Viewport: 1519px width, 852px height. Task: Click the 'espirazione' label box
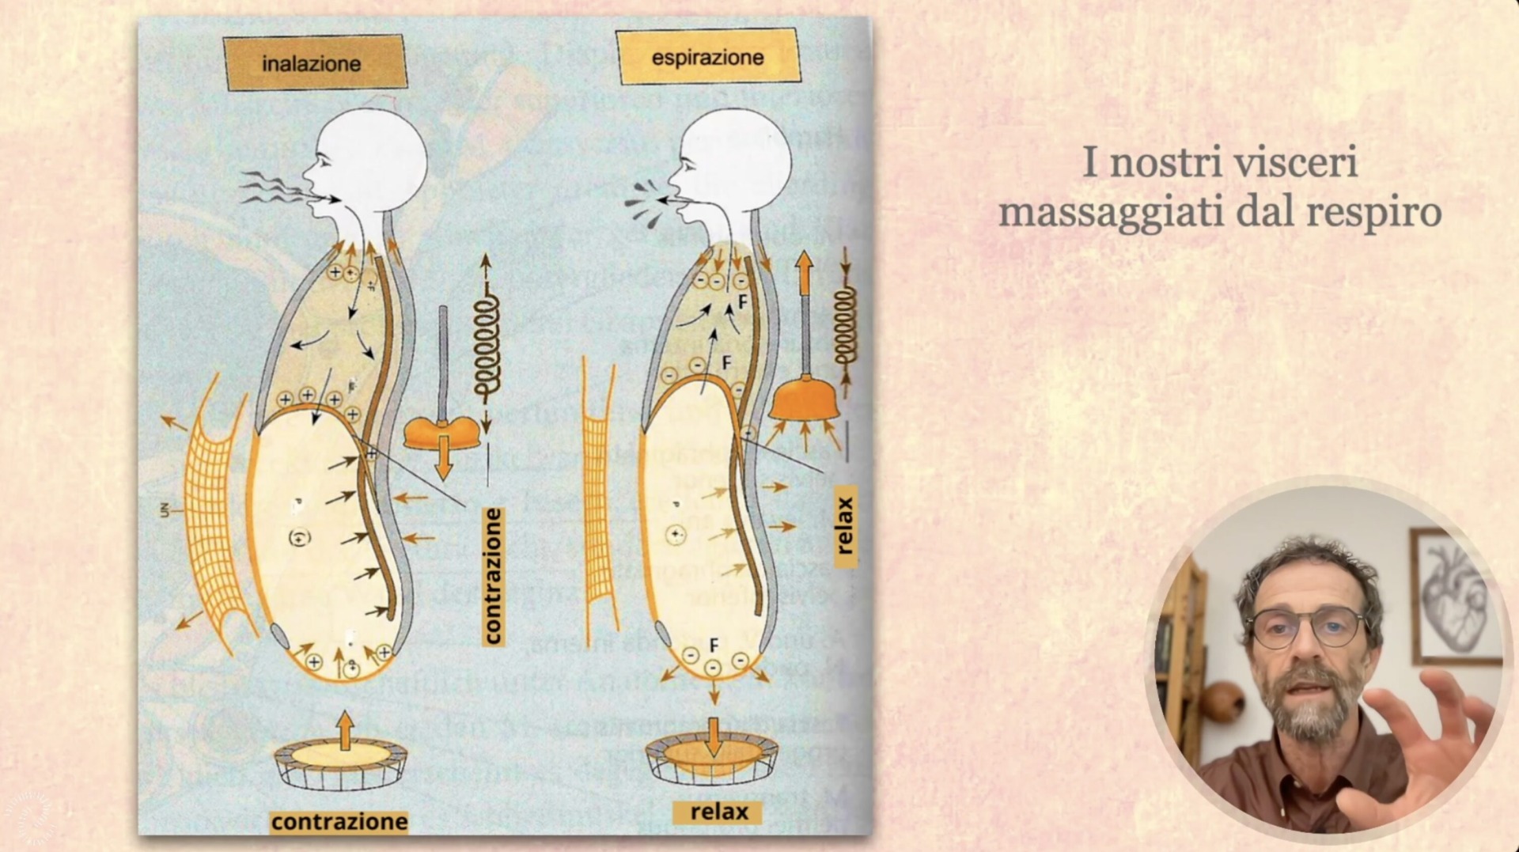coord(707,57)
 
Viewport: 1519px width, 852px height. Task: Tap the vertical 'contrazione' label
coord(493,576)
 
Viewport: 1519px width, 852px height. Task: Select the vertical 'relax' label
coord(845,524)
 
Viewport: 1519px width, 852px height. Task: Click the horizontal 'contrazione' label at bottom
coord(339,822)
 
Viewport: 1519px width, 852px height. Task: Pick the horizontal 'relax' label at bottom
coord(718,812)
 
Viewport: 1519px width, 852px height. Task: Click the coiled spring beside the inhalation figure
coord(487,344)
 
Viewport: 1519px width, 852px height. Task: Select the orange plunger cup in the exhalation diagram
coord(804,399)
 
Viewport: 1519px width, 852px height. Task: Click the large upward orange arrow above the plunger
coord(804,273)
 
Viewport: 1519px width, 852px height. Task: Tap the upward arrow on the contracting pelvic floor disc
coord(344,729)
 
